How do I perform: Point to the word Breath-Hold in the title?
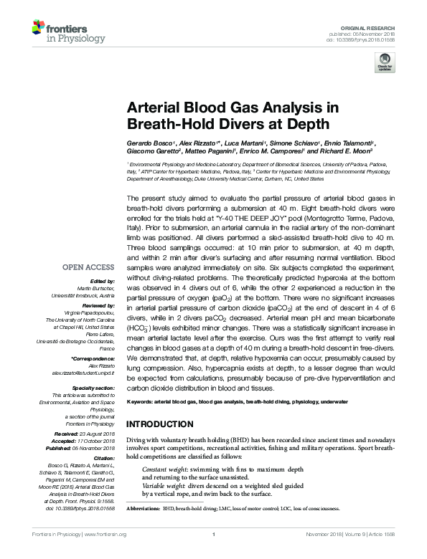click(161, 123)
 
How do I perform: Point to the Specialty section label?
click(97, 387)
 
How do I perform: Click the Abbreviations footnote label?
click(143, 508)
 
